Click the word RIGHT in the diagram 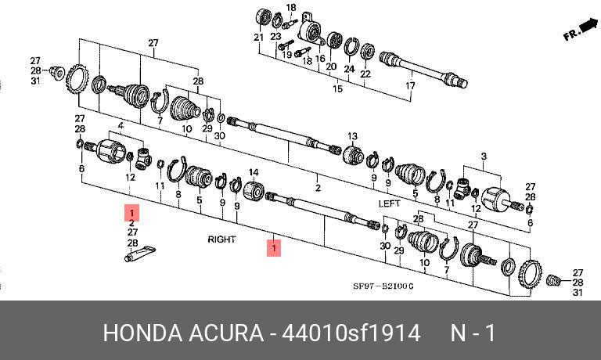coord(221,239)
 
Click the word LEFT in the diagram coord(390,203)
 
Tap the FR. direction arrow coord(578,31)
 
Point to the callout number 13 coord(352,136)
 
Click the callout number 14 coord(254,172)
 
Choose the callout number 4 coord(121,125)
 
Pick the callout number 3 coord(484,157)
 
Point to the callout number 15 coord(337,89)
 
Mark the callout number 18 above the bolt coord(291,8)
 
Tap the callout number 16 coord(319,58)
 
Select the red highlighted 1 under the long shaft coord(274,248)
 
